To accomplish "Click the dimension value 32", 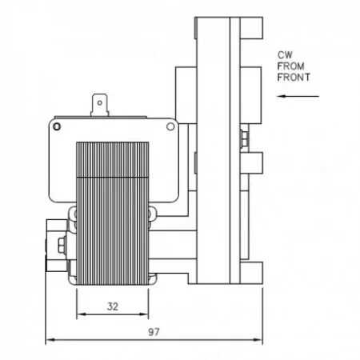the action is (x=113, y=306).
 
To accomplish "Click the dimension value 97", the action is (x=154, y=332).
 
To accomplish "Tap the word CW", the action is (x=285, y=55).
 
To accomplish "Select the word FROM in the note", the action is (x=290, y=66).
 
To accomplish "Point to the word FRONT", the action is (x=294, y=78).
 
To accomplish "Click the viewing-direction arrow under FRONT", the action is (x=298, y=96).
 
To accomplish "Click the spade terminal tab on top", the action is (x=100, y=105).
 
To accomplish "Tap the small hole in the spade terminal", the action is (x=100, y=103).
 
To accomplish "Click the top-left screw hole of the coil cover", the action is (x=57, y=126).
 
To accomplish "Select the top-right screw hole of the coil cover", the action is (x=170, y=126).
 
